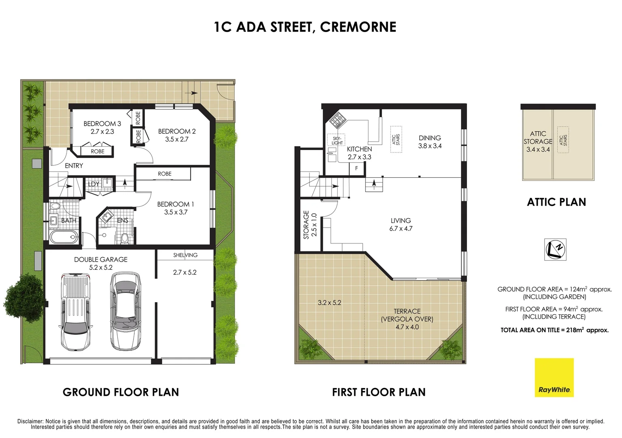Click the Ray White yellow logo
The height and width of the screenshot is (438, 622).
coord(554,377)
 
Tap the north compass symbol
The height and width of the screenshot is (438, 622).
coord(555,249)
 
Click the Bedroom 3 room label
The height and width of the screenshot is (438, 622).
coord(102,124)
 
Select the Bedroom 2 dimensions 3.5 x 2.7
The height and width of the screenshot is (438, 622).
coord(176,139)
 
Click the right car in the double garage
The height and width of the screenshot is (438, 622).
coord(126,311)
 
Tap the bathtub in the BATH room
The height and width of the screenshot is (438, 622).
coord(63,237)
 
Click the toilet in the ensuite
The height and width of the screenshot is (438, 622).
coord(125,238)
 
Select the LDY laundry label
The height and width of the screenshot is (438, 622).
coord(94,184)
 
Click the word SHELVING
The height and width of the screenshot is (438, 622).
coord(185,255)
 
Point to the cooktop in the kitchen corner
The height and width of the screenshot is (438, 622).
coord(336,120)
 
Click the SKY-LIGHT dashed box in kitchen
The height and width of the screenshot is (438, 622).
coord(337,140)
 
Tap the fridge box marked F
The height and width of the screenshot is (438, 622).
coord(356,168)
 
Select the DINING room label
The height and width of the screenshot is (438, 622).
coord(430,138)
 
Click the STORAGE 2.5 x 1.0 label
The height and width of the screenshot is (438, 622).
coord(310,224)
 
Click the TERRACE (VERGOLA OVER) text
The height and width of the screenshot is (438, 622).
coord(407,315)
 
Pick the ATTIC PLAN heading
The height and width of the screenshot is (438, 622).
coord(556,202)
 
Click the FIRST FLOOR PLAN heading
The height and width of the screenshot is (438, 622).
coord(379,392)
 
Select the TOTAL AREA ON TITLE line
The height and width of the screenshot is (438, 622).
coord(554,330)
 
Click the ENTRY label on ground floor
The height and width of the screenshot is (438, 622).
coord(74,165)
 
